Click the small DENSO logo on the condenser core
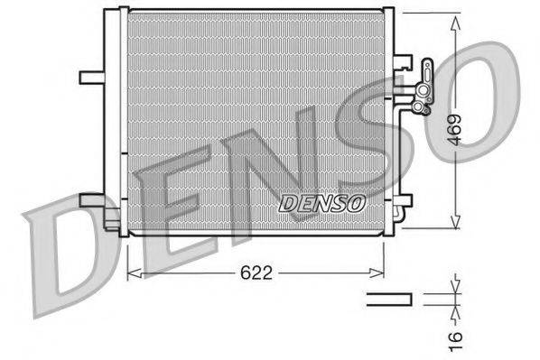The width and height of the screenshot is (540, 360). tap(321, 203)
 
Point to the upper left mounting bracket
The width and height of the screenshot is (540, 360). tap(91, 77)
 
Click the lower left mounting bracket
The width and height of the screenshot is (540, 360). tap(93, 199)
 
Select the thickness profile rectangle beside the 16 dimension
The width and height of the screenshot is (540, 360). tap(388, 298)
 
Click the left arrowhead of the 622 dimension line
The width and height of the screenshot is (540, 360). tap(132, 270)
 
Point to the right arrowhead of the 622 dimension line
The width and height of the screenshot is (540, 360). tap(382, 270)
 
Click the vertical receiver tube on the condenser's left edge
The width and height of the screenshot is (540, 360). tap(112, 117)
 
